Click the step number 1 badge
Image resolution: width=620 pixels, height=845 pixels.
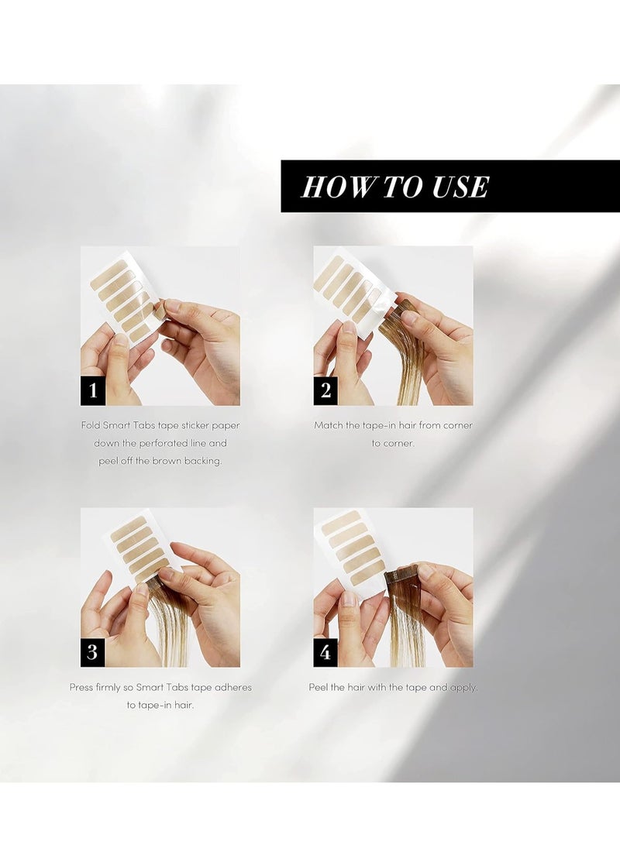click(x=93, y=390)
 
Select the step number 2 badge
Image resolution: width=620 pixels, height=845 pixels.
click(x=325, y=390)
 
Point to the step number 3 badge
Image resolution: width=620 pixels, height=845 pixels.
click(x=93, y=651)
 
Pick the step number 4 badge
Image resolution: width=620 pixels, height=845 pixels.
click(x=325, y=651)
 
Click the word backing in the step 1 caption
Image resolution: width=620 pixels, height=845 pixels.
click(x=203, y=462)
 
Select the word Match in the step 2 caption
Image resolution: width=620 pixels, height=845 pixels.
click(x=329, y=425)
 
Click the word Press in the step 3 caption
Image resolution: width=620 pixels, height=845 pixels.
click(x=81, y=687)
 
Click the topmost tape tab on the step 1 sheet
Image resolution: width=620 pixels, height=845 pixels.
click(x=111, y=271)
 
